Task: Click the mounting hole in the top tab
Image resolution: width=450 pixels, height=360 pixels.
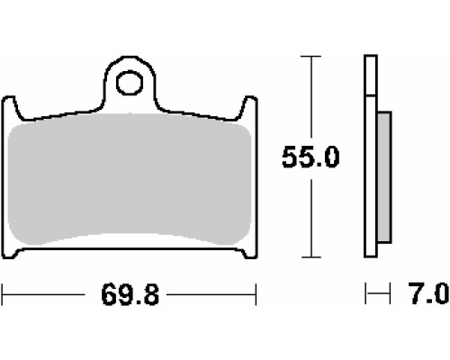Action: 130,83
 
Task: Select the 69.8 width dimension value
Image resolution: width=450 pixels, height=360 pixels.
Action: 130,295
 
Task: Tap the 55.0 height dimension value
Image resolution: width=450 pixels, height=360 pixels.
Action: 310,157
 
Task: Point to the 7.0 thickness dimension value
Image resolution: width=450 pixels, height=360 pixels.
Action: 429,293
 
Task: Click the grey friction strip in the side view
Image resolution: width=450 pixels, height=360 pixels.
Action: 384,177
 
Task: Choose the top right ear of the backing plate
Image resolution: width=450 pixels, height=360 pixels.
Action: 248,106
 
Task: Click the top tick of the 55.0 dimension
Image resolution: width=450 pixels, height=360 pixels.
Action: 311,56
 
